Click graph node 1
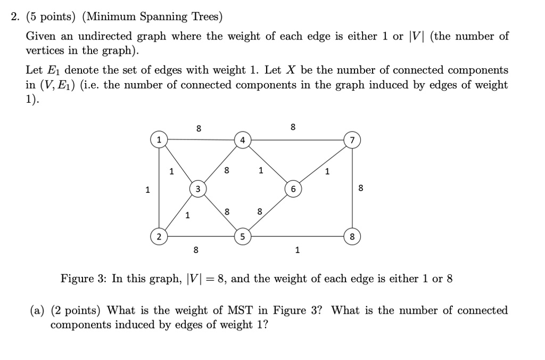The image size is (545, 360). point(159,140)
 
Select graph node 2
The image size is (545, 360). point(159,237)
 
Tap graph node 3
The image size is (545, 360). point(198,189)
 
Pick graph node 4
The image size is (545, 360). point(243,140)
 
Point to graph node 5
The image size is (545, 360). point(243,237)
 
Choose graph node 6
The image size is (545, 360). point(293,189)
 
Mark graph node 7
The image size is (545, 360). point(352,140)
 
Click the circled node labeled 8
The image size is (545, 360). point(352,237)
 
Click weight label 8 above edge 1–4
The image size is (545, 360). point(199,129)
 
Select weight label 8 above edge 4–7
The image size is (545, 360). point(293,127)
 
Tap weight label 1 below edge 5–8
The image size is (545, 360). point(297,250)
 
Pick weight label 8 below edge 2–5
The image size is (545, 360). point(196,250)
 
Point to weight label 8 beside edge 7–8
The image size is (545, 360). point(361,188)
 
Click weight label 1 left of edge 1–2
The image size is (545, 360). point(147,190)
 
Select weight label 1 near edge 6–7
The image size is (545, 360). point(327,171)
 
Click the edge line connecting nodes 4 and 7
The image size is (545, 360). point(298,140)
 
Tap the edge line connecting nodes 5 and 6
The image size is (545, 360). point(268,213)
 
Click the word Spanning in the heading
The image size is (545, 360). point(163,17)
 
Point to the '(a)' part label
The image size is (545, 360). point(37,310)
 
